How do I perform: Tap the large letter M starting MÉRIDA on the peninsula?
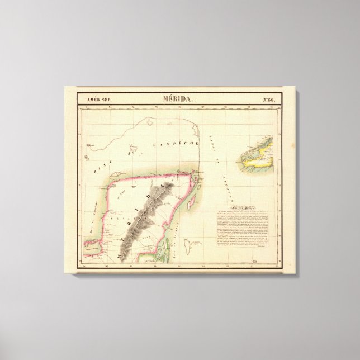coord(120,255)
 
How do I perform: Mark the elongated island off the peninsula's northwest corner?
coord(89,148)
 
